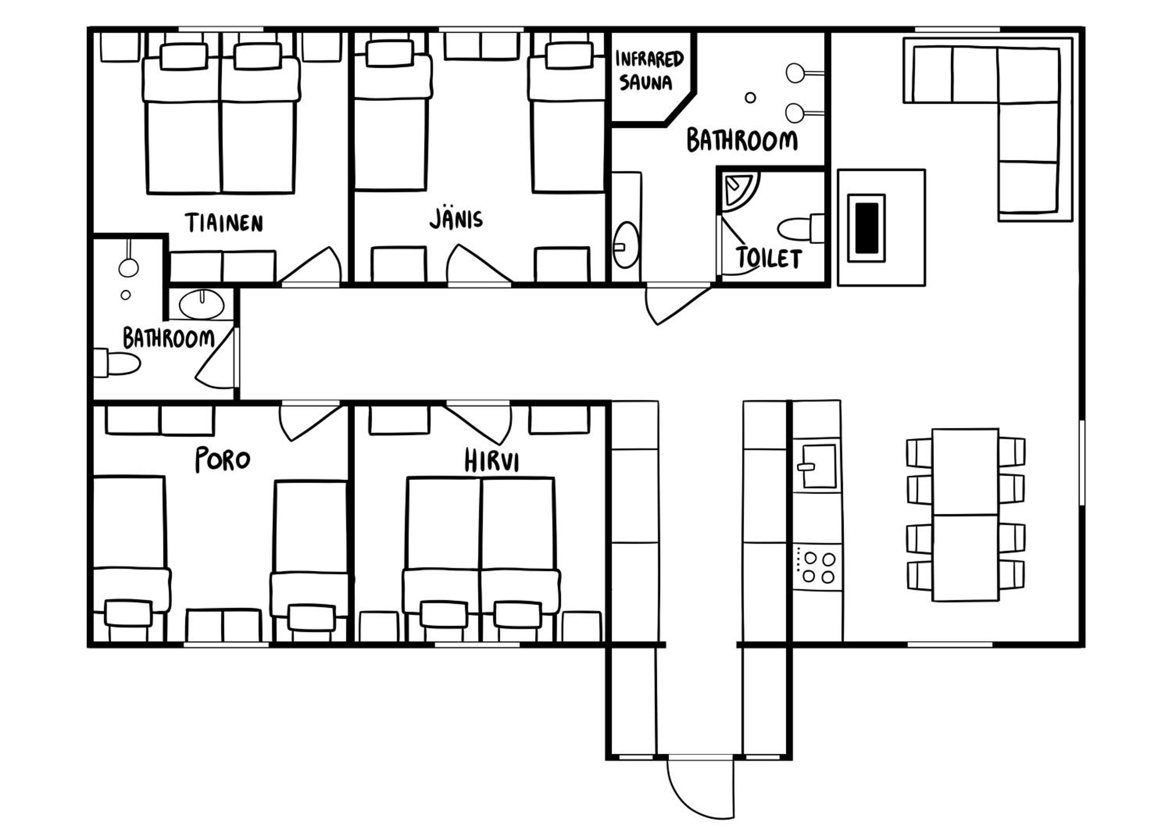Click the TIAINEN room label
[224, 223]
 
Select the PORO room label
[223, 459]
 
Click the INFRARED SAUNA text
[649, 70]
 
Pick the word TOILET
[769, 258]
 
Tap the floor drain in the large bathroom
[750, 98]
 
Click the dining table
[965, 515]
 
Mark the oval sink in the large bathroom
[626, 245]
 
